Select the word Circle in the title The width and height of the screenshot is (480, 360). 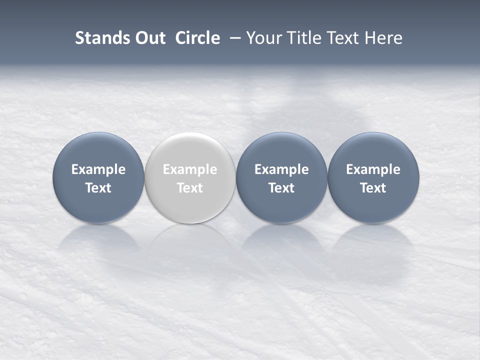click(x=197, y=38)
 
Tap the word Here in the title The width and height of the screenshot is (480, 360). click(x=383, y=38)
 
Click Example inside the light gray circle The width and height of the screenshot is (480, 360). click(x=190, y=169)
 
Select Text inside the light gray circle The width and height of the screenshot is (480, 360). click(x=190, y=188)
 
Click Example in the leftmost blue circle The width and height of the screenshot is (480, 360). click(x=98, y=169)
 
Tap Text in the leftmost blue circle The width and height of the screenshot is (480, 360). click(x=98, y=188)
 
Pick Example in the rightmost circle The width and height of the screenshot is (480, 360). click(x=373, y=169)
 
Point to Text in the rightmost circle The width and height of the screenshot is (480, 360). click(x=373, y=188)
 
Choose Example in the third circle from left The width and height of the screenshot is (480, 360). click(x=281, y=169)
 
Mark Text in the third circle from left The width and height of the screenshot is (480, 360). click(x=281, y=188)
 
